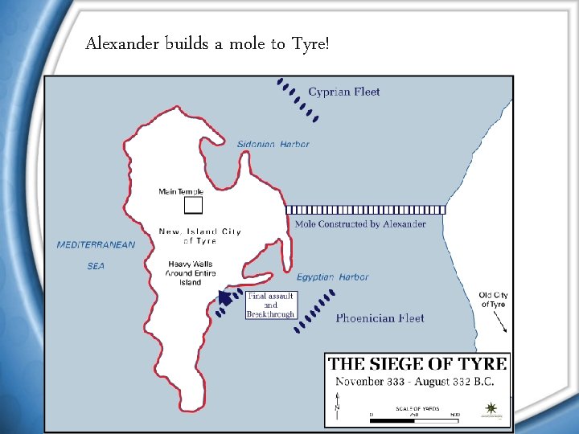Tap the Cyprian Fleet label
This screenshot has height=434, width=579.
[344, 92]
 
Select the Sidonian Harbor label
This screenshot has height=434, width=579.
[273, 144]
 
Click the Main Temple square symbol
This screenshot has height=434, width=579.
[192, 206]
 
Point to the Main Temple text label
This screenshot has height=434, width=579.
[181, 191]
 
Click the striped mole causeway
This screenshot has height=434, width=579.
[366, 209]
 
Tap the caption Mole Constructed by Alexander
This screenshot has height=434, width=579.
[360, 224]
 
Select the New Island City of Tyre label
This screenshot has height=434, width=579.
[199, 235]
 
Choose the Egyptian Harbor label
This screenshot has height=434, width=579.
[332, 277]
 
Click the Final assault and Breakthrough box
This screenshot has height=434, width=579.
[270, 305]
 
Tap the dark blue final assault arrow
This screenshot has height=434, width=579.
[227, 299]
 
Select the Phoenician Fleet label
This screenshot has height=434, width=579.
[380, 318]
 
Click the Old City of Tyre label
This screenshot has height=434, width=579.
[493, 300]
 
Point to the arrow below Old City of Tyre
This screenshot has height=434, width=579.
[500, 322]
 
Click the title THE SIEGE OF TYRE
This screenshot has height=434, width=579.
[417, 362]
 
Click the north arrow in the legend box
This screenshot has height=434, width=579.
[339, 402]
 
